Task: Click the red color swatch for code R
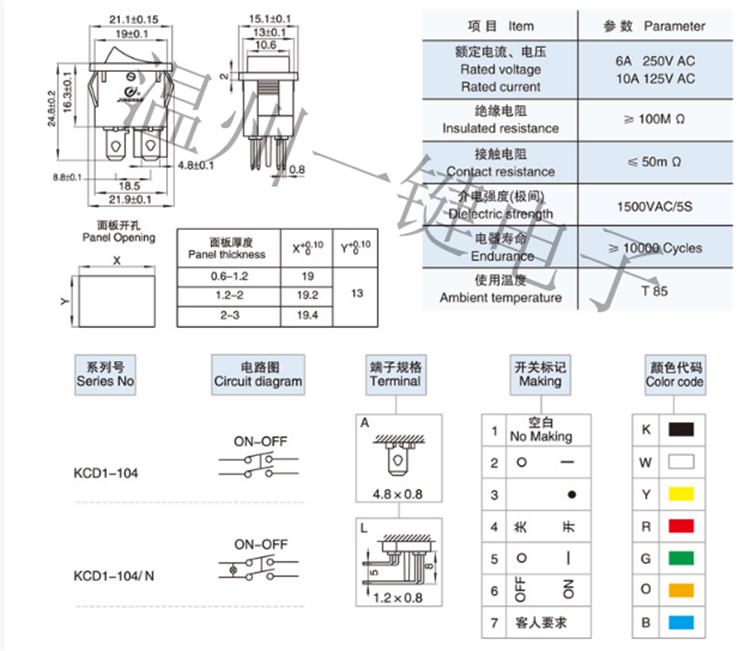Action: [681, 525]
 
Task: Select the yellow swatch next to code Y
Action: [681, 493]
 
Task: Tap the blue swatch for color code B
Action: [681, 622]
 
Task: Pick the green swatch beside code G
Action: [681, 557]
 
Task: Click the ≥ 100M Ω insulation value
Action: [655, 119]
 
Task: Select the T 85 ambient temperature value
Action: [655, 291]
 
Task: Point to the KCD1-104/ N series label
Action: [115, 576]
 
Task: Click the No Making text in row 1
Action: [541, 437]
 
